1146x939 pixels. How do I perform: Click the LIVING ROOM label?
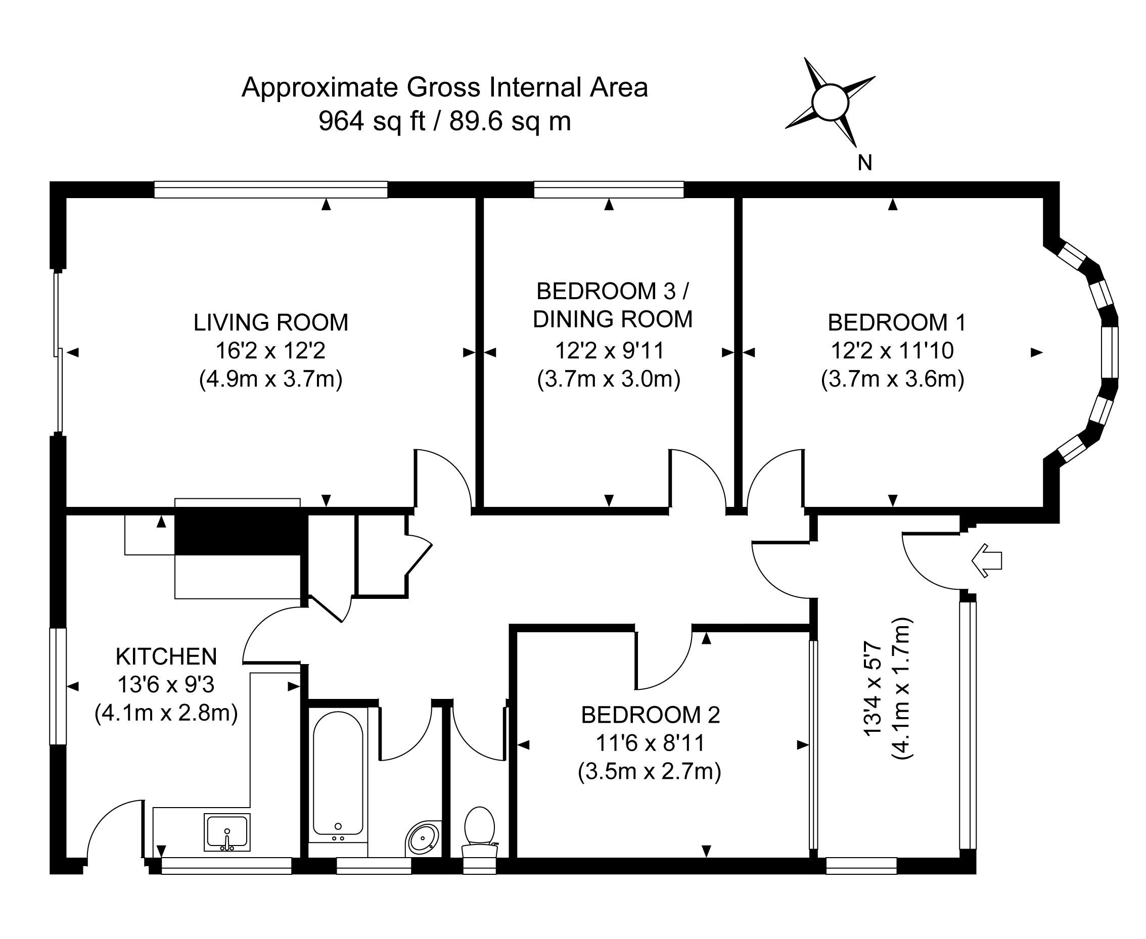[x=270, y=322]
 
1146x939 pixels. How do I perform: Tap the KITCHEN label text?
[x=166, y=656]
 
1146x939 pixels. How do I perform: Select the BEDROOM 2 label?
[x=651, y=715]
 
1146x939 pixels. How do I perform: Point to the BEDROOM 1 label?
[x=897, y=322]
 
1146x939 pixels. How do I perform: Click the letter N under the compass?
[x=864, y=163]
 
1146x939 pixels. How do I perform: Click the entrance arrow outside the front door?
[x=986, y=561]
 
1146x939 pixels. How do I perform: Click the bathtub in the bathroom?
[x=338, y=774]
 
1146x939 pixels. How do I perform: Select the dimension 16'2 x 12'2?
[x=270, y=351]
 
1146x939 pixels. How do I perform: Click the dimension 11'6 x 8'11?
[x=651, y=743]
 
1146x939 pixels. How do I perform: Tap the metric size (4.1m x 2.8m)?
[x=166, y=713]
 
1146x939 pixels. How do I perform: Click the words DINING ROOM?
[x=613, y=319]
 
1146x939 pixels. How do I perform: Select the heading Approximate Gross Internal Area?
[x=444, y=87]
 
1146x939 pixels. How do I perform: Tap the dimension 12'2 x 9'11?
[x=609, y=351]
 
